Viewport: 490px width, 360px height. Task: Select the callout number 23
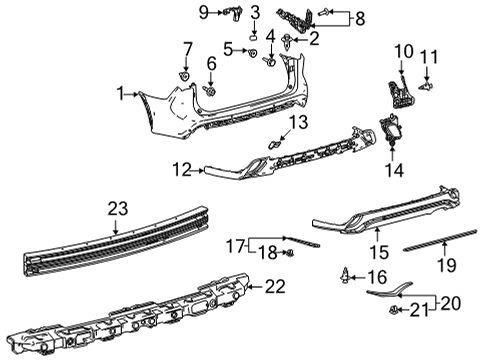[118, 207]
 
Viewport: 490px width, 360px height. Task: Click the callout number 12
[179, 170]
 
